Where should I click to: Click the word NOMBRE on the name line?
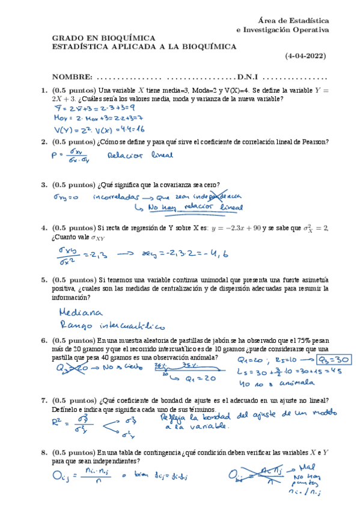click(x=72, y=77)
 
